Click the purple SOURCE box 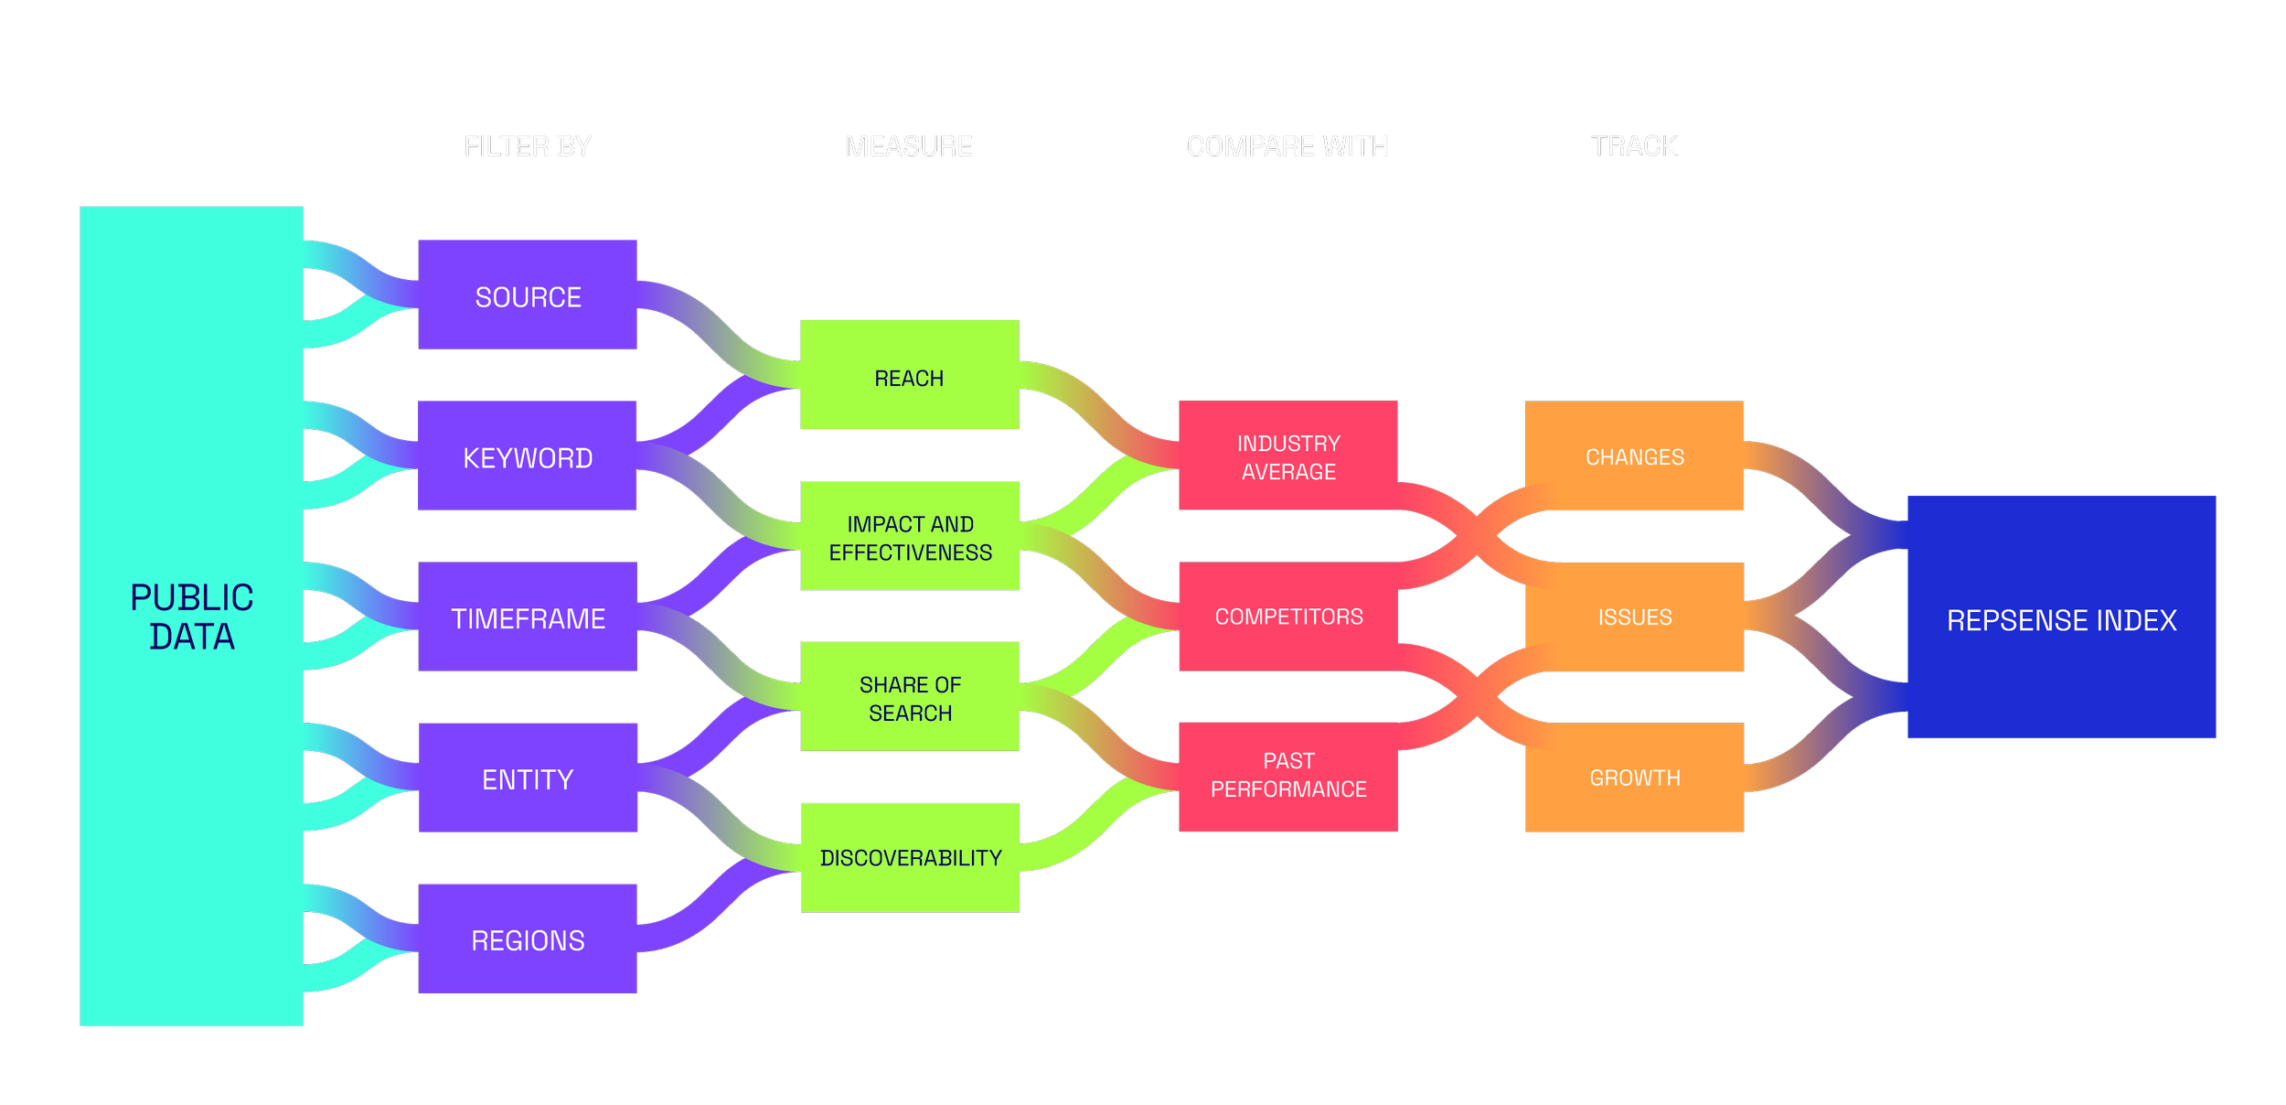[528, 295]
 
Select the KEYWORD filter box [528, 456]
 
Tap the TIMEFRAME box [528, 617]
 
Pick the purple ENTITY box [528, 778]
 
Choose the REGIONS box [528, 939]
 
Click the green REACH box [909, 376]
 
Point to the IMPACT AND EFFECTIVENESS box [910, 537]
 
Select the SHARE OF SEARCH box [910, 698]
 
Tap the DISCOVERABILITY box [910, 857]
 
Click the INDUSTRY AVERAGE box [1288, 456]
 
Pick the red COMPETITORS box [1288, 617]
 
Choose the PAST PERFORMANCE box [1288, 775]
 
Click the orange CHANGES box [1634, 456]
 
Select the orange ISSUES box [1634, 617]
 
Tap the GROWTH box [1634, 778]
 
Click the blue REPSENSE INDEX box [2061, 618]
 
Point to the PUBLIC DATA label [192, 617]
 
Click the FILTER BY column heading [528, 146]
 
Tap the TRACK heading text [1633, 146]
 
